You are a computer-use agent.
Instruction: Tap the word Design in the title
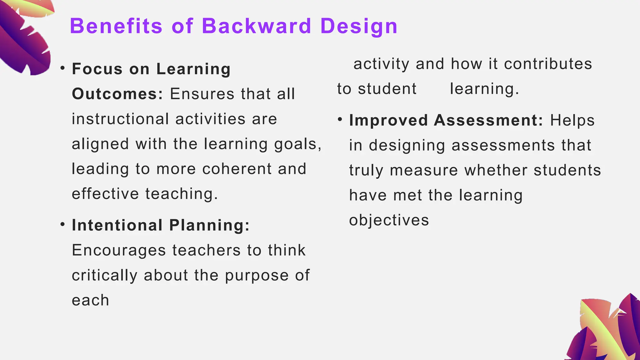359,26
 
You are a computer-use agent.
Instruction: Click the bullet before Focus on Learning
63,68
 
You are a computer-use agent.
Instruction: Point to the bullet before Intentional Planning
63,224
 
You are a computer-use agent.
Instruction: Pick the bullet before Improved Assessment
340,119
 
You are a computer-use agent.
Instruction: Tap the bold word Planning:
210,225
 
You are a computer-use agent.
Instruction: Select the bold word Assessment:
489,120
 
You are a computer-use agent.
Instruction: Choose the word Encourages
119,250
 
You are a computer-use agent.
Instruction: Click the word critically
104,276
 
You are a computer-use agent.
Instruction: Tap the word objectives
389,221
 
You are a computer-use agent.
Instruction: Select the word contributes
548,64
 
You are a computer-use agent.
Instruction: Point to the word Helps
572,121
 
